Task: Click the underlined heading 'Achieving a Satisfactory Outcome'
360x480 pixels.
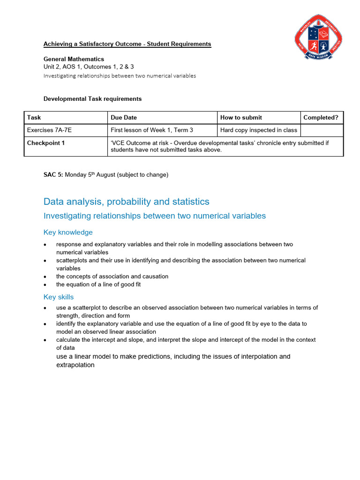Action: (x=127, y=44)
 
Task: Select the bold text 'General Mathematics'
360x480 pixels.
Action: (x=74, y=59)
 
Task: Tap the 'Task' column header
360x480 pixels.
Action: (x=34, y=118)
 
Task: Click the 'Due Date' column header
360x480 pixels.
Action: (x=124, y=118)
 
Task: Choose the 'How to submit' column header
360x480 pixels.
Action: (x=241, y=118)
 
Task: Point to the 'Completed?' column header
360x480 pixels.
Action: (x=321, y=118)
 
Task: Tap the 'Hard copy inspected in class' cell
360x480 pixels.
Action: (x=258, y=130)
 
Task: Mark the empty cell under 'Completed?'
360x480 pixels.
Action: (x=322, y=130)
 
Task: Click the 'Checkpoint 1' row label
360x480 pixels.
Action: (x=46, y=143)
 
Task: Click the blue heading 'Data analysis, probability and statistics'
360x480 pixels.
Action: (x=126, y=202)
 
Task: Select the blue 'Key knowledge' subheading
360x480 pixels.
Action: (x=68, y=232)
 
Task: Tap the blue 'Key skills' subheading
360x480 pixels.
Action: (x=59, y=297)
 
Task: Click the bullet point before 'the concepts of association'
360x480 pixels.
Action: (x=45, y=277)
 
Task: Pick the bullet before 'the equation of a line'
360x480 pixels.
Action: (x=45, y=285)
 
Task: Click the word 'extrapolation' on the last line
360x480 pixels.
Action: (x=75, y=365)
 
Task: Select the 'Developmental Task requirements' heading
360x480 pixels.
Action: (x=92, y=99)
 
